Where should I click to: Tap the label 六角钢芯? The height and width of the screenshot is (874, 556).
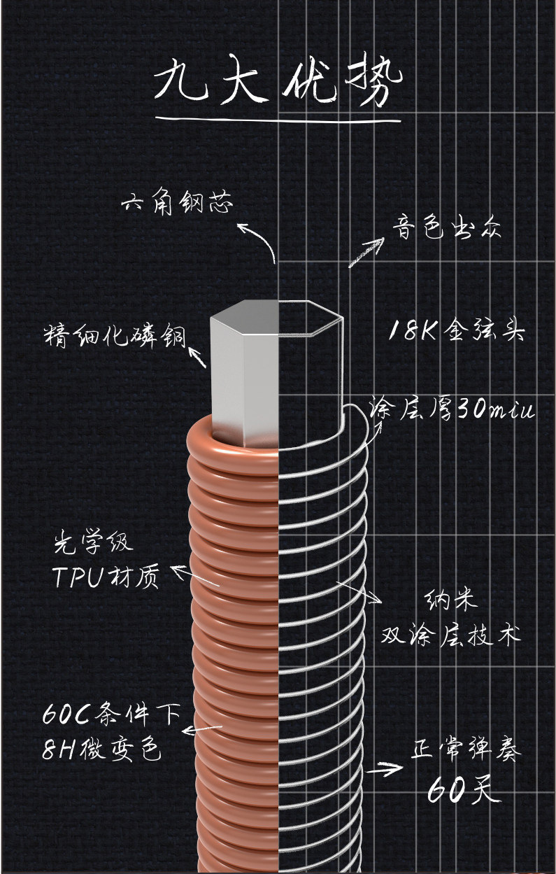[x=178, y=204]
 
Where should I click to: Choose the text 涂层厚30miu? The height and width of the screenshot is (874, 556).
[x=452, y=408]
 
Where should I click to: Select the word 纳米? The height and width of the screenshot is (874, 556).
[x=450, y=600]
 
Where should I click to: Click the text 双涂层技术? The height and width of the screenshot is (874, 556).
[x=450, y=635]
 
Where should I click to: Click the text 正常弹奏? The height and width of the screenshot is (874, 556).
[x=466, y=754]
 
